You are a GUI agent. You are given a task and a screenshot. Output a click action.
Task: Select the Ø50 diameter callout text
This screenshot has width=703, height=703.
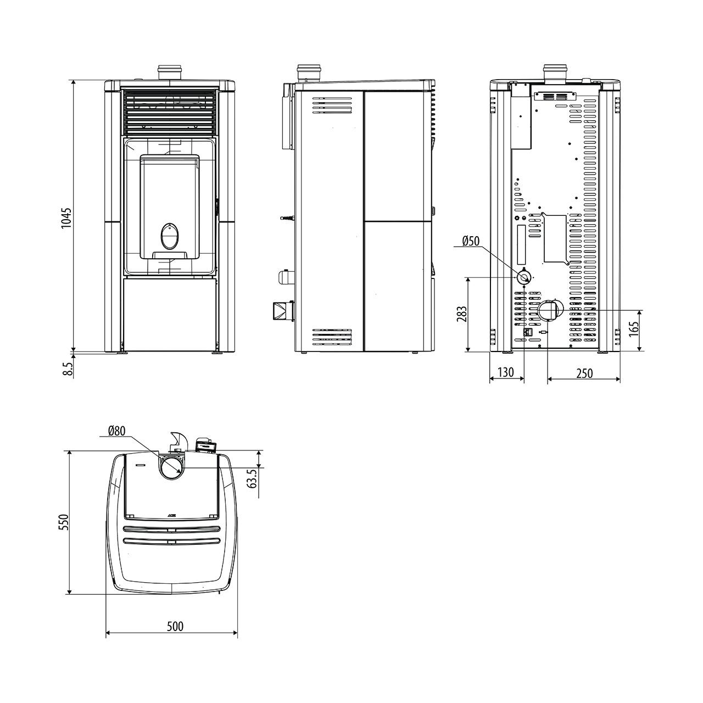pos(471,241)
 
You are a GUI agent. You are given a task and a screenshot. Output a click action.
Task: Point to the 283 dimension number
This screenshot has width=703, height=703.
pos(461,314)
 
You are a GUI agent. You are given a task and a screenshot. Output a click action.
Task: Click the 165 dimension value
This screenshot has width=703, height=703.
pos(634,328)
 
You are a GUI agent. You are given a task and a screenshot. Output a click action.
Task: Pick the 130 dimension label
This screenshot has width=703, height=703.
pos(506,372)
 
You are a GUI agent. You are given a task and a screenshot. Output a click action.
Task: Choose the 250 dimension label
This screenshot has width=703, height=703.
pos(584,373)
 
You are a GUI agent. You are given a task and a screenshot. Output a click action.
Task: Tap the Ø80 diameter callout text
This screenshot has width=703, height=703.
pos(117,431)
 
